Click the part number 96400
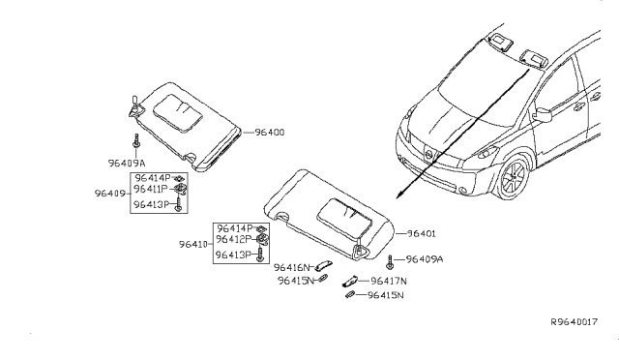271,133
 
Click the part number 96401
423,233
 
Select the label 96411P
150,192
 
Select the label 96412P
232,239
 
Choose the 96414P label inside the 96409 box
150,179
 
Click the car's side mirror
541,116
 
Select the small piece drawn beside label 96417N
353,282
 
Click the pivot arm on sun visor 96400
132,105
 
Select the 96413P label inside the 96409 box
150,205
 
